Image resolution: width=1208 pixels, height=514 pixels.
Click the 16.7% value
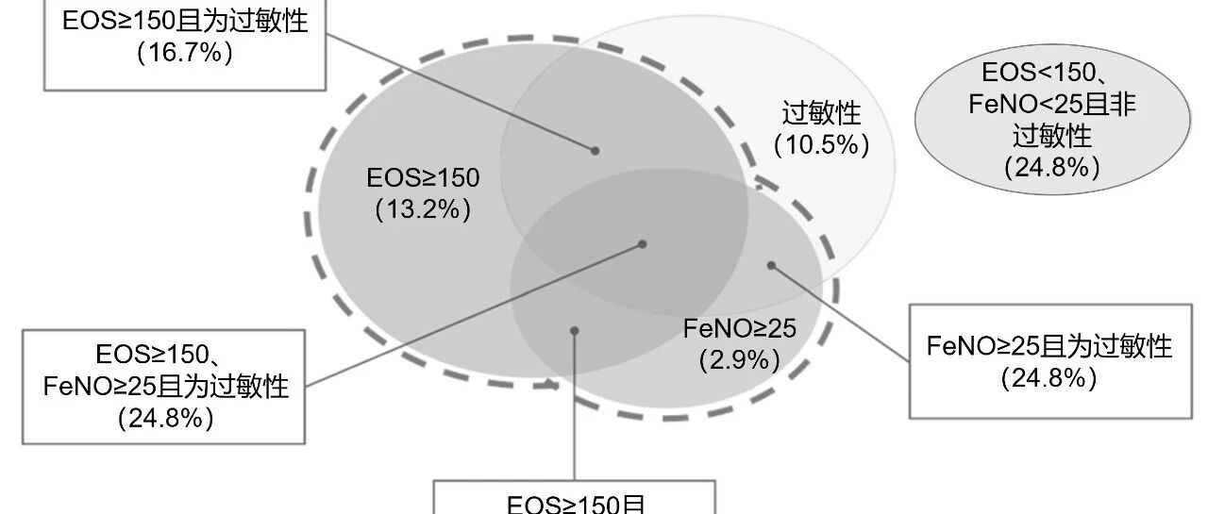[185, 52]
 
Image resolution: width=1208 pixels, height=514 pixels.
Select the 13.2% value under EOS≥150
[423, 209]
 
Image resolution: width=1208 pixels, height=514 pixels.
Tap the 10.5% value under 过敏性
[821, 145]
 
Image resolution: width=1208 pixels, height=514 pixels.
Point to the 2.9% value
[740, 359]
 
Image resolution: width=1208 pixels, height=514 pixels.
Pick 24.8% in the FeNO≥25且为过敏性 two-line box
[1049, 379]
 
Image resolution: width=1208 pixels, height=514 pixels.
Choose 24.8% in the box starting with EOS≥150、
[166, 417]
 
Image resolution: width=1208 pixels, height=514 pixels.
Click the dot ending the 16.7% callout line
[596, 150]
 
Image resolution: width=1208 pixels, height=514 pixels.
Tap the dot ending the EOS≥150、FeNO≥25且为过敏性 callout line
[642, 243]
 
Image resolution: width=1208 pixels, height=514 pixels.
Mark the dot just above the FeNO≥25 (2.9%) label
[770, 265]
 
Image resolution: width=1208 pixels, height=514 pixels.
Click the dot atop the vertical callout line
[574, 330]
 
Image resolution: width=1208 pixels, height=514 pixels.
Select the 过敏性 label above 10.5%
[821, 114]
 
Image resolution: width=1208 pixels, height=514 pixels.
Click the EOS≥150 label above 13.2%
[423, 178]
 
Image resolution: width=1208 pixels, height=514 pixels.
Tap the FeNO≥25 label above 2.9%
[740, 328]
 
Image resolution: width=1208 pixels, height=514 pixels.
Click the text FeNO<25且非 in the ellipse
[1051, 105]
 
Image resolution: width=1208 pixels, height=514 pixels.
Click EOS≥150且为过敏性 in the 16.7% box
[185, 21]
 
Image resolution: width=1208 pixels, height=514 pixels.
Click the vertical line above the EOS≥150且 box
[574, 406]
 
